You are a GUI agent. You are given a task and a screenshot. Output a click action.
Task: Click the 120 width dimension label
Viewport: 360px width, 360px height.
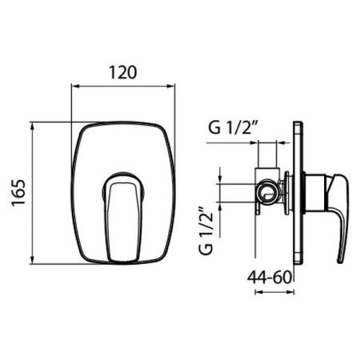pos(123,72)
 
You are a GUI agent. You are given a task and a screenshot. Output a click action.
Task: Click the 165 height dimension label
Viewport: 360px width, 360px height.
pos(18,193)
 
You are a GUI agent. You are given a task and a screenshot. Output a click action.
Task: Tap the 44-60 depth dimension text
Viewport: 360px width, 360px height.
pos(269,278)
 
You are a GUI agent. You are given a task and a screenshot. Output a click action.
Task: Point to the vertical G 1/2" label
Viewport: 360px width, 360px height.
pos(206,230)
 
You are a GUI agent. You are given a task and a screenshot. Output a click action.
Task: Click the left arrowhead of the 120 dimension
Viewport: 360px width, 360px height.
pos(75,86)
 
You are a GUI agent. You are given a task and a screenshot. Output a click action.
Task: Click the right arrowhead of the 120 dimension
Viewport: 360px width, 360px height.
pos(171,86)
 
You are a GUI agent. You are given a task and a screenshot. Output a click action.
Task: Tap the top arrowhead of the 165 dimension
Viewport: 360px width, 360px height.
pos(33,126)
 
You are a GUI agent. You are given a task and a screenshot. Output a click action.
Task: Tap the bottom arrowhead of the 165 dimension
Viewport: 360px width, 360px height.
pos(33,260)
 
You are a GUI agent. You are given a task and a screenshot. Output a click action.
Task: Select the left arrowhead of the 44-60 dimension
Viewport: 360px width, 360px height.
pos(259,292)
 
